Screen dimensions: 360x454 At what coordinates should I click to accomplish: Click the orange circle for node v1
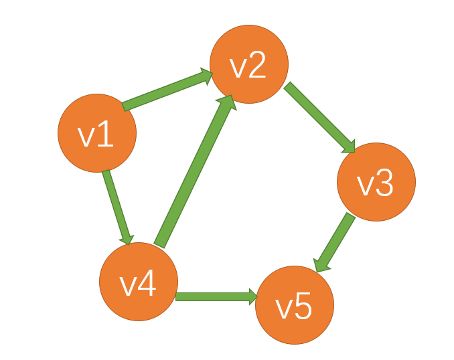97,132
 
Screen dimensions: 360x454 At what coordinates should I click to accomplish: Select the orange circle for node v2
249,64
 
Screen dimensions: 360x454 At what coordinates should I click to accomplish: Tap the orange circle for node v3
376,182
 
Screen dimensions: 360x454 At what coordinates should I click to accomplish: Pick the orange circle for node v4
138,282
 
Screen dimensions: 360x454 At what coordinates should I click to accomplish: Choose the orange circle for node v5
295,306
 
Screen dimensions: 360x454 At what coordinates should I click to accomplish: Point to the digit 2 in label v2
258,66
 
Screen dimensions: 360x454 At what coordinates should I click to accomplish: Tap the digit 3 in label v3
384,184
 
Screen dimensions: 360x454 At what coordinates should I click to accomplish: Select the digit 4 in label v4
147,284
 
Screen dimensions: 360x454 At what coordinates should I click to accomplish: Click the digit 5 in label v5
303,307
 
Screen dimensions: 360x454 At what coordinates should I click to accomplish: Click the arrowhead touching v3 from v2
349,146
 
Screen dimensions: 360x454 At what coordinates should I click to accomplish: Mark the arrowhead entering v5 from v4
252,296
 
